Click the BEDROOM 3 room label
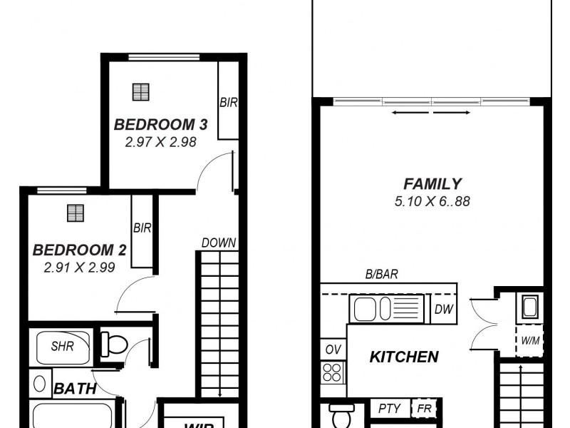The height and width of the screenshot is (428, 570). (x=160, y=125)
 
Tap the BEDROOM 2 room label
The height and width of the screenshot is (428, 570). (x=79, y=250)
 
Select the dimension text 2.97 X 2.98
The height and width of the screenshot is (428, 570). (x=160, y=142)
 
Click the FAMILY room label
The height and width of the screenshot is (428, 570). (x=432, y=184)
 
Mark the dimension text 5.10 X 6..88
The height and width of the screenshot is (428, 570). (x=432, y=201)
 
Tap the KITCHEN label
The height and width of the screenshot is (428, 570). (x=403, y=357)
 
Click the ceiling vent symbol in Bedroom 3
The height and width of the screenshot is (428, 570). (x=142, y=91)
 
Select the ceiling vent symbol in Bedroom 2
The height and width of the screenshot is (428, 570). (x=75, y=213)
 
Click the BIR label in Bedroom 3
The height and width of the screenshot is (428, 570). (x=228, y=103)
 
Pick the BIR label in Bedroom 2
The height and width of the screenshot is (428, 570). (x=142, y=228)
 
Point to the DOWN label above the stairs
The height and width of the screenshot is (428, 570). (x=218, y=243)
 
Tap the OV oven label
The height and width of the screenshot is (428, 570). (x=333, y=350)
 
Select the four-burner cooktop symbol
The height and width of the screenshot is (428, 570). (x=333, y=371)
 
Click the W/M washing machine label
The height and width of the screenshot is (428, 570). (x=529, y=341)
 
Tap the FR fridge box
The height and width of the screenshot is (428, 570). (x=425, y=409)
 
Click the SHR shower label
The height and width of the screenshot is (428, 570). (x=61, y=347)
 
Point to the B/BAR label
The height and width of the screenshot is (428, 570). (x=381, y=274)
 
